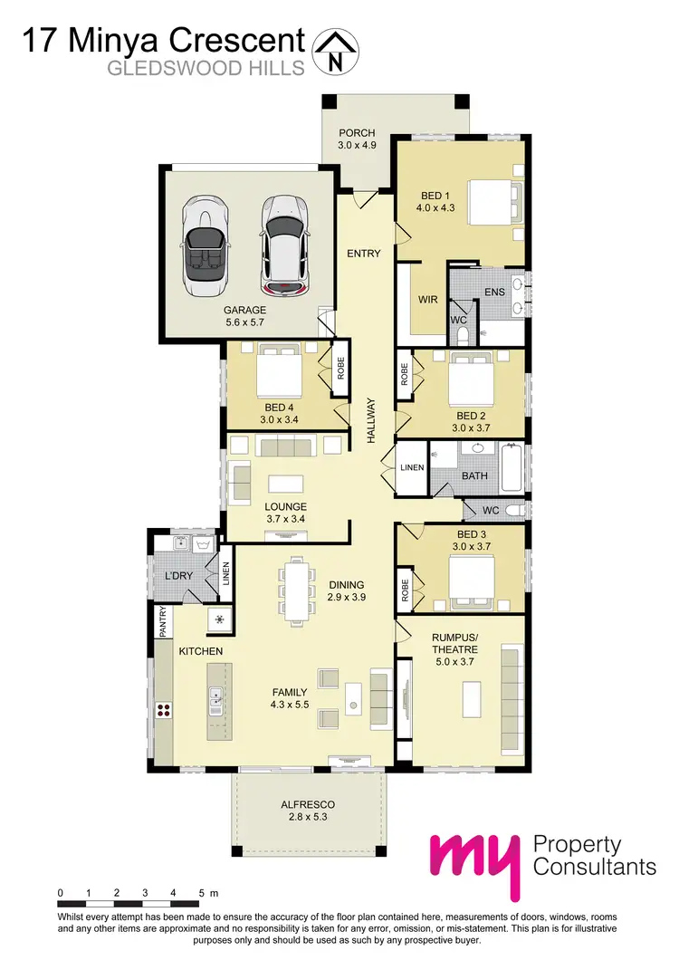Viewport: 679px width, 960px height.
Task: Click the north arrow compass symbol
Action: click(335, 50)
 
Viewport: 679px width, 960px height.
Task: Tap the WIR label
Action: click(428, 298)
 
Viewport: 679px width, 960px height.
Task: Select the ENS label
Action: click(494, 293)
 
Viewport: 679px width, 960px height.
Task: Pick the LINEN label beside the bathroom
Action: click(411, 467)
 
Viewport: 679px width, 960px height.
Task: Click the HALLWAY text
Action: click(370, 420)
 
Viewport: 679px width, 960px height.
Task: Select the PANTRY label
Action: click(163, 623)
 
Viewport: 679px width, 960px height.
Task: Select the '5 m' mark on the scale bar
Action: click(206, 893)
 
